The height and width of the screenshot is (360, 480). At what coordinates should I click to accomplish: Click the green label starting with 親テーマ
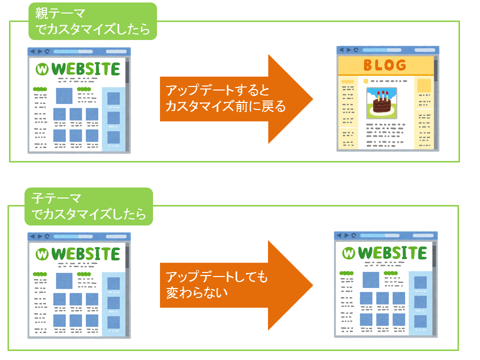pos(92,21)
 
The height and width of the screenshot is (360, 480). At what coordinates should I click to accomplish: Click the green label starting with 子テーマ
pos(88,206)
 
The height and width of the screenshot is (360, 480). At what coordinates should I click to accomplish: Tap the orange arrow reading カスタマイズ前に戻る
pos(236,99)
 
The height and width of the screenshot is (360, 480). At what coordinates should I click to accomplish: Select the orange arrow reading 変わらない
pos(236,285)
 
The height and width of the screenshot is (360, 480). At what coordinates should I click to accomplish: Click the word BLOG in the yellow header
pos(385,65)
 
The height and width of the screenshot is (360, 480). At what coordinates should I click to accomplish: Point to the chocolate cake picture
pos(381,103)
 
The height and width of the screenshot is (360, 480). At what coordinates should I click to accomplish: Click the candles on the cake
pos(382,95)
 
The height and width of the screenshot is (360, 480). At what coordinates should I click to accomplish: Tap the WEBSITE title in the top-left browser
pos(85,69)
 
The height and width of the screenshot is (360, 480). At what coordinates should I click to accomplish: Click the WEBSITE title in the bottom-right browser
pos(392,253)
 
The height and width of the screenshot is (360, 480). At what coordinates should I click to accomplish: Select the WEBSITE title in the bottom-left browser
pos(85,254)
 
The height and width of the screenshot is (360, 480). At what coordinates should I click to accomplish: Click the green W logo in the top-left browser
pos(42,69)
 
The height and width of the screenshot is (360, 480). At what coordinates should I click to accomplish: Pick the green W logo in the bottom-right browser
pos(348,253)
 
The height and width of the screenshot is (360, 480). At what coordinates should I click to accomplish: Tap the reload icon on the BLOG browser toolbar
pos(355,50)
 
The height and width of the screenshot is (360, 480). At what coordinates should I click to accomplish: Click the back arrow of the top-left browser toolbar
pos(32,51)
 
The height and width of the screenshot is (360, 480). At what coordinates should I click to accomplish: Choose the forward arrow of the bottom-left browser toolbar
pos(40,236)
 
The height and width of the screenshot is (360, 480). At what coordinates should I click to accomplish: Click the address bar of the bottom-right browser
pos(379,235)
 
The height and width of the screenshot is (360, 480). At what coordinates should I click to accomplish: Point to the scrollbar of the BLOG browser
pos(435,70)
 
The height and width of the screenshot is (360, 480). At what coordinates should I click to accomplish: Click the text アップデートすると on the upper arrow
pos(217,90)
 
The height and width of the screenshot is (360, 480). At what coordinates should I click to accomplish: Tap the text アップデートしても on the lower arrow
pos(217,276)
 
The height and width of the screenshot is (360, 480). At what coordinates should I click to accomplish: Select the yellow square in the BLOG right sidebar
pos(424,85)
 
